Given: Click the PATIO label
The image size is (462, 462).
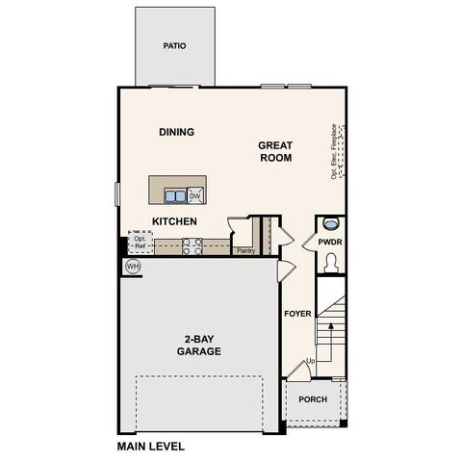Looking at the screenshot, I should coord(174,45).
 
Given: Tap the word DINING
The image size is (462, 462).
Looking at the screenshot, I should coord(176,133).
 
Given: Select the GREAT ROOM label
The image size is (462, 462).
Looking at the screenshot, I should coord(274,152).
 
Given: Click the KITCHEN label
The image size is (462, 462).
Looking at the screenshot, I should coord(174,221).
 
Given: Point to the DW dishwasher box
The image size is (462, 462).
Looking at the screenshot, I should coord(195,196).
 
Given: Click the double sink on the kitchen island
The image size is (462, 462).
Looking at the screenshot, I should coord(176,196).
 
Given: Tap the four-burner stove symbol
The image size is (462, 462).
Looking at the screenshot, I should coord(191,247).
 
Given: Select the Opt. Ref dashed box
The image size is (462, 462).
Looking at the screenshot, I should coord(141,243).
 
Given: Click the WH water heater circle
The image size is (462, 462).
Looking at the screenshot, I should coord(132,266).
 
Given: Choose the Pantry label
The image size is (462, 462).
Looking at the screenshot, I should coord(244,251).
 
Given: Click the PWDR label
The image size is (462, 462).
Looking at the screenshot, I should coord(330,243).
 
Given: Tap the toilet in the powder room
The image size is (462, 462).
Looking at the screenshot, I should coord(330,261).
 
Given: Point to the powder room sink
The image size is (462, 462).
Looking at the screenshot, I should coord(330,220).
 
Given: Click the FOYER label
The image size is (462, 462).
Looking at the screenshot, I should coord(296,315).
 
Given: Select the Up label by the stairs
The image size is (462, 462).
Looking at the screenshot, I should coord(310,362).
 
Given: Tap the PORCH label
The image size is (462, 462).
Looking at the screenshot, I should coord(313,399).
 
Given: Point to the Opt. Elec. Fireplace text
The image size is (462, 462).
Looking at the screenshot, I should coord(334,152).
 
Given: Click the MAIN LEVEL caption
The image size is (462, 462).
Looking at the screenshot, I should coord(150,447).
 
